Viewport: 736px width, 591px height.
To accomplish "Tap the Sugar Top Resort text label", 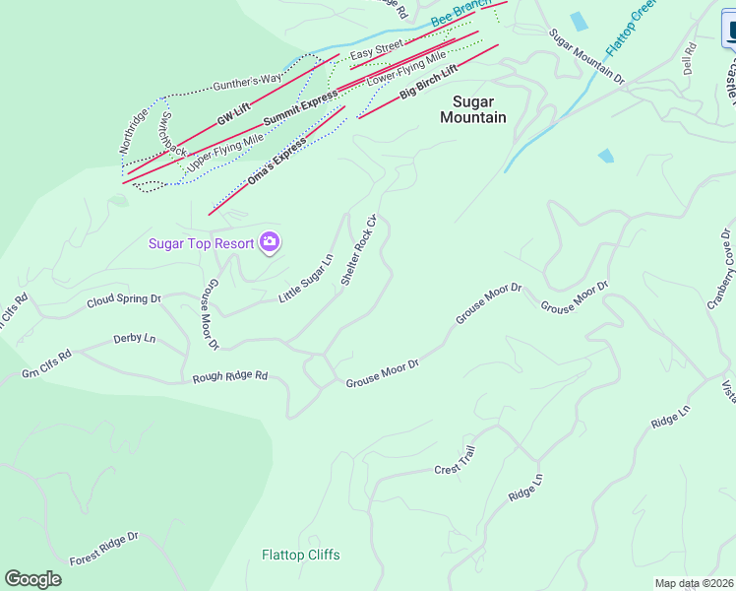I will point(201,243).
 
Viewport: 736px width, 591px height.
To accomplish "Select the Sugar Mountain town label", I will point(479,109).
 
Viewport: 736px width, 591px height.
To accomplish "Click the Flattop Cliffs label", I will point(301,555).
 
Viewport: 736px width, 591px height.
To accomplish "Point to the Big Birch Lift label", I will point(429,85).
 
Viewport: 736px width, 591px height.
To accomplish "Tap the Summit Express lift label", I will point(299,107).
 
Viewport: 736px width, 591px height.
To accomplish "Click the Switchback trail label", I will point(173,135).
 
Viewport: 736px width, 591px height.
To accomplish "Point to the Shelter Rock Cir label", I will point(359,251).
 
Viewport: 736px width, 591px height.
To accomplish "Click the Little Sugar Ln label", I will point(306,278).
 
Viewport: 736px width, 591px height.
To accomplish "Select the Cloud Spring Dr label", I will point(123,299).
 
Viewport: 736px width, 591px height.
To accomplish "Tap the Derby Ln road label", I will point(135,339).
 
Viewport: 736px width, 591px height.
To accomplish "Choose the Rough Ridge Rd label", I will point(230,376).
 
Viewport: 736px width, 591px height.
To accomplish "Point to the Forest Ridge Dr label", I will point(104,550).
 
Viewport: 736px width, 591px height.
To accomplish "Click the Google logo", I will point(33,579).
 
